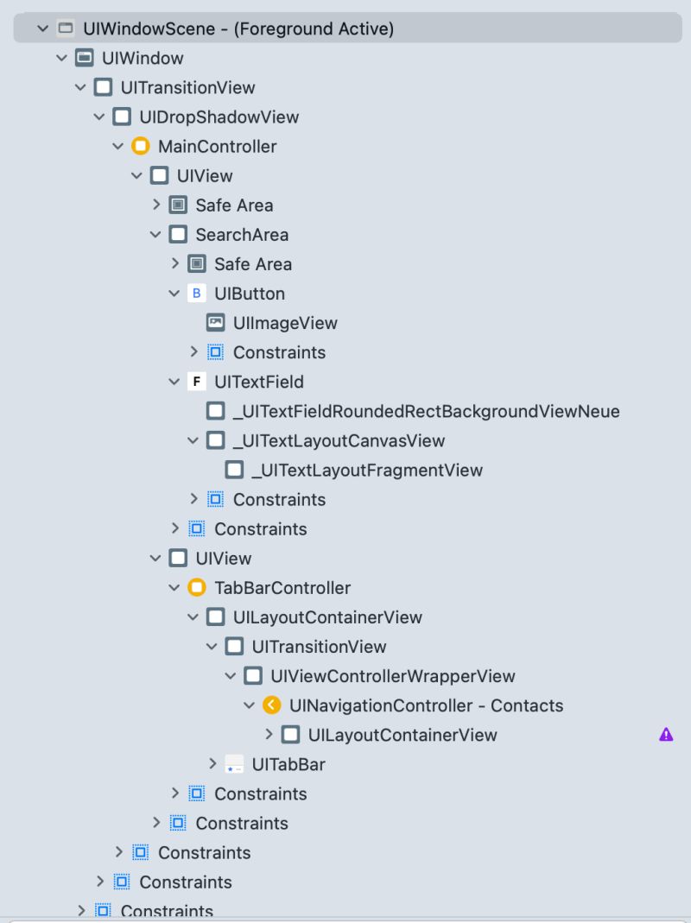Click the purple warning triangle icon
[665, 735]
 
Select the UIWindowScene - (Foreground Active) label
[238, 28]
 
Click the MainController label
[217, 146]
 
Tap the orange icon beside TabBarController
[197, 588]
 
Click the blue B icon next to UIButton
[197, 294]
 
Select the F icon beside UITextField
[197, 382]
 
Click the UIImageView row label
[285, 323]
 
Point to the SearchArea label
[242, 235]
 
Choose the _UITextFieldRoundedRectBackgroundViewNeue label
[426, 411]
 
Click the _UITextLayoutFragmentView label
[367, 471]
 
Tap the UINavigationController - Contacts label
[426, 705]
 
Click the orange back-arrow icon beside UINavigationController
[272, 705]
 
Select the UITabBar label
[288, 764]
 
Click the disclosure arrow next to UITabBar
[213, 764]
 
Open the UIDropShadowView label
[219, 117]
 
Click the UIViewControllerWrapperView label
[392, 676]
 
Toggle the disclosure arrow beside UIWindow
[61, 58]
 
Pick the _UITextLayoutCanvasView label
[339, 440]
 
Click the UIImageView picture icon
[216, 323]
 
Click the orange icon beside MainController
[141, 146]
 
